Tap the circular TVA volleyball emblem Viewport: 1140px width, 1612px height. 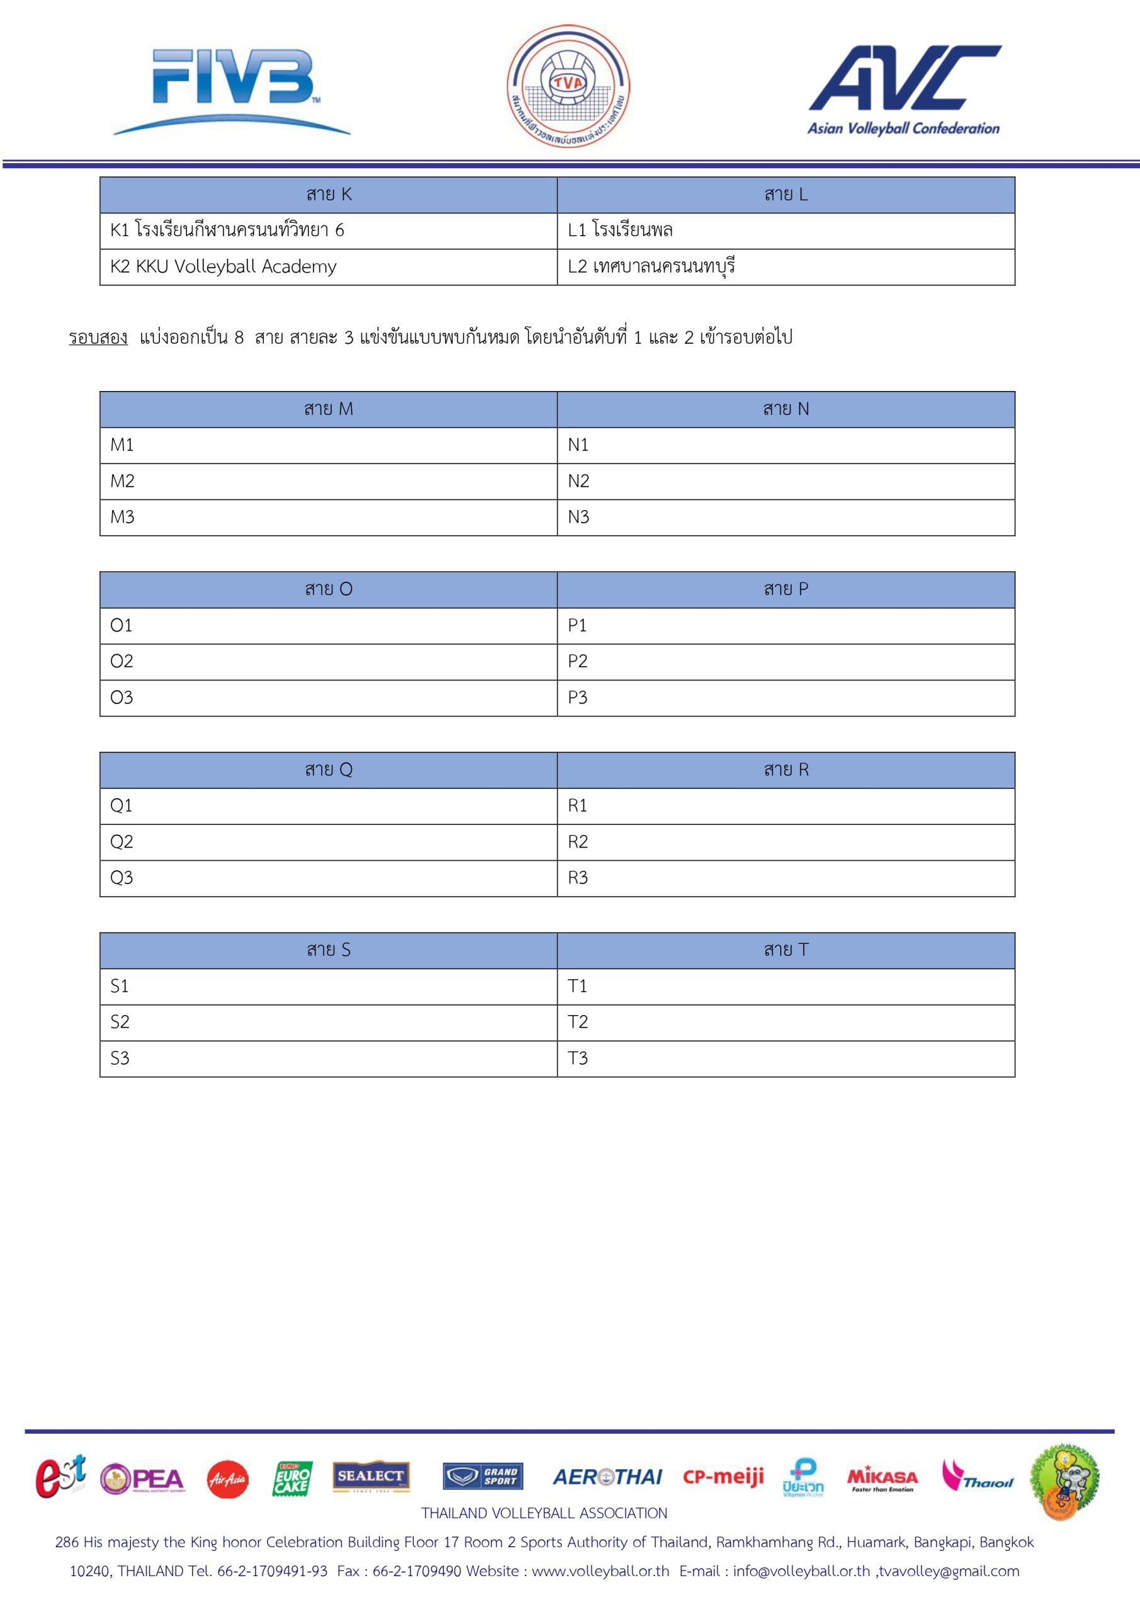pos(568,86)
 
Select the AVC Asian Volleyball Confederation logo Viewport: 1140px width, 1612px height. pos(904,90)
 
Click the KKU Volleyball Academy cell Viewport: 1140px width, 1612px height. pos(329,268)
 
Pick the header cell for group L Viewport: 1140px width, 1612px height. pos(786,195)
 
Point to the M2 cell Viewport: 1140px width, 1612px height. pos(329,482)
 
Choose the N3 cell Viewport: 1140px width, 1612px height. pos(786,518)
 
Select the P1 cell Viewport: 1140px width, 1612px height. pos(786,625)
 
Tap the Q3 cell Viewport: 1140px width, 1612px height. pos(329,878)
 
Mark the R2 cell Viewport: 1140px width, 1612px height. pos(786,842)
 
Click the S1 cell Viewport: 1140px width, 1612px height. pos(329,987)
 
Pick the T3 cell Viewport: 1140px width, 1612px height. pos(786,1059)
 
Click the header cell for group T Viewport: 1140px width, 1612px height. pos(786,951)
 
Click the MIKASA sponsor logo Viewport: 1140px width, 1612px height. pos(883,1479)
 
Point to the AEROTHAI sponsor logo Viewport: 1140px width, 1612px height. pos(607,1477)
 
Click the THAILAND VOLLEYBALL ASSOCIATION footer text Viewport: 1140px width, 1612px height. pos(544,1514)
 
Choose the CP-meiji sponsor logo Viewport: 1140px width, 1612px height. pos(723,1477)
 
